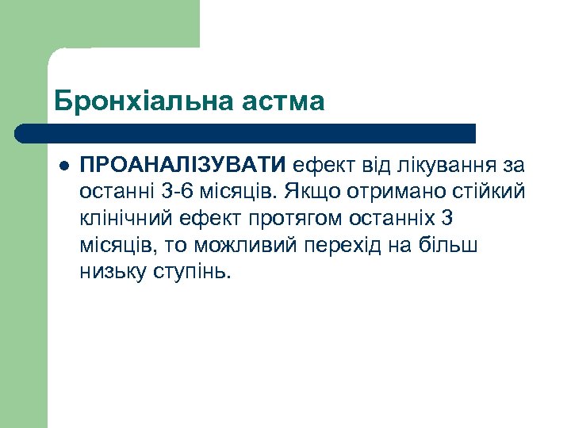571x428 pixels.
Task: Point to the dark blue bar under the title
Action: [246, 133]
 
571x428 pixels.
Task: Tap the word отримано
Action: [381, 192]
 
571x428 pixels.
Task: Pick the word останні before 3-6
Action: [113, 192]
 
